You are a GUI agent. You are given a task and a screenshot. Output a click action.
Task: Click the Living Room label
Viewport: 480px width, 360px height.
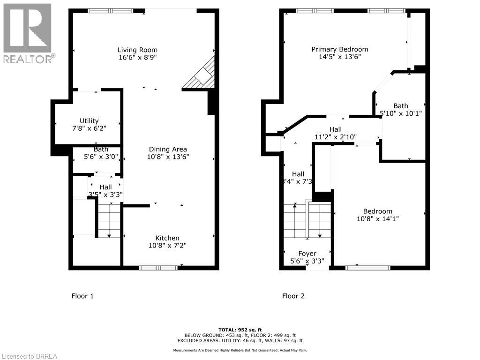coord(137,50)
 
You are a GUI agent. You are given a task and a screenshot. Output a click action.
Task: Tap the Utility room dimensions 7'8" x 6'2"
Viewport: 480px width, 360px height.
coord(89,129)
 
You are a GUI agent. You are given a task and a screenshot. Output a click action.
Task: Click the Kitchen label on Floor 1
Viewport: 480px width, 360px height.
coord(168,238)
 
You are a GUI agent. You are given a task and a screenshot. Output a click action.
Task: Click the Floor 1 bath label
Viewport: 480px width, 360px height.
coord(100,150)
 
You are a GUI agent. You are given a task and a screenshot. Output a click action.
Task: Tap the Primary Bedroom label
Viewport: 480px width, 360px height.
coord(340,49)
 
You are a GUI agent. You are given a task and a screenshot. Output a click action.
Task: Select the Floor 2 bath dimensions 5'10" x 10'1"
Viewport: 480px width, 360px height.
coord(401,113)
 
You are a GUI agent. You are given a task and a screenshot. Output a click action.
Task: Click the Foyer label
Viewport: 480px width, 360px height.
coord(307,254)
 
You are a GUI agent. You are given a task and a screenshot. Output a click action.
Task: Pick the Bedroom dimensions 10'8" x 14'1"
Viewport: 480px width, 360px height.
coord(378,218)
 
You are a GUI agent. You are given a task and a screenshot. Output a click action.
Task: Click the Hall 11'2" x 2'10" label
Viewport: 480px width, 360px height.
coord(335,137)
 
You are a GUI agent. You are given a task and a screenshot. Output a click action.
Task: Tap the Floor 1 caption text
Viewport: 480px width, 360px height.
coord(82,296)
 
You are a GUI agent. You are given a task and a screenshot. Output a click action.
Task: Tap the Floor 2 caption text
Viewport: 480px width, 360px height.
coord(293,296)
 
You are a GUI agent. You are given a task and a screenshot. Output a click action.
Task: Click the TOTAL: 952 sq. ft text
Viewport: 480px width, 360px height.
coord(240,330)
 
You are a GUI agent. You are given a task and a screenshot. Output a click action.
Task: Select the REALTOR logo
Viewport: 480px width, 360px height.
coord(28,33)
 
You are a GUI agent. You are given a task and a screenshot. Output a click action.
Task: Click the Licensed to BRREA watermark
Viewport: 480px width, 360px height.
coord(29,356)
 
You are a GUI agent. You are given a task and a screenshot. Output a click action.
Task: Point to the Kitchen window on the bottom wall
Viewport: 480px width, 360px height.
coord(158,268)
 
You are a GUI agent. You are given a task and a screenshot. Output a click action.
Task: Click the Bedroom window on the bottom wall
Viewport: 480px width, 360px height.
coord(368,268)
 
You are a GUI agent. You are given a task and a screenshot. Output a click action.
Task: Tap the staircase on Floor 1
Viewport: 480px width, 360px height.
coord(109,219)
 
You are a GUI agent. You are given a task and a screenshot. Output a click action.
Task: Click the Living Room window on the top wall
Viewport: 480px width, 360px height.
coord(110,11)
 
